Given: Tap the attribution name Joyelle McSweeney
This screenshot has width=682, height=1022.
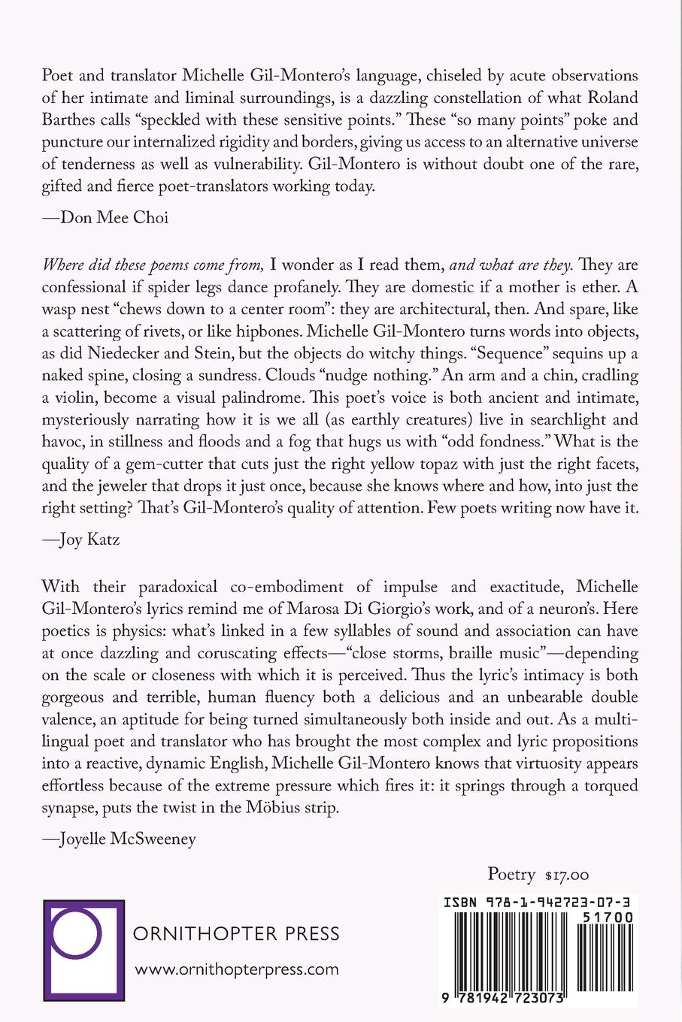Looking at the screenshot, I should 126,839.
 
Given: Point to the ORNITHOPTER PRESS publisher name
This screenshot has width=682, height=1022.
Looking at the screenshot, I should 236,935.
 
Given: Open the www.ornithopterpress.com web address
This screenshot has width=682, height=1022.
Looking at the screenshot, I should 236,969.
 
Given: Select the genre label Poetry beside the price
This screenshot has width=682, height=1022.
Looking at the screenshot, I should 511,874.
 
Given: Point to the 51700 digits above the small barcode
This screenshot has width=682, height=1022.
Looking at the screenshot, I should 607,918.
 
